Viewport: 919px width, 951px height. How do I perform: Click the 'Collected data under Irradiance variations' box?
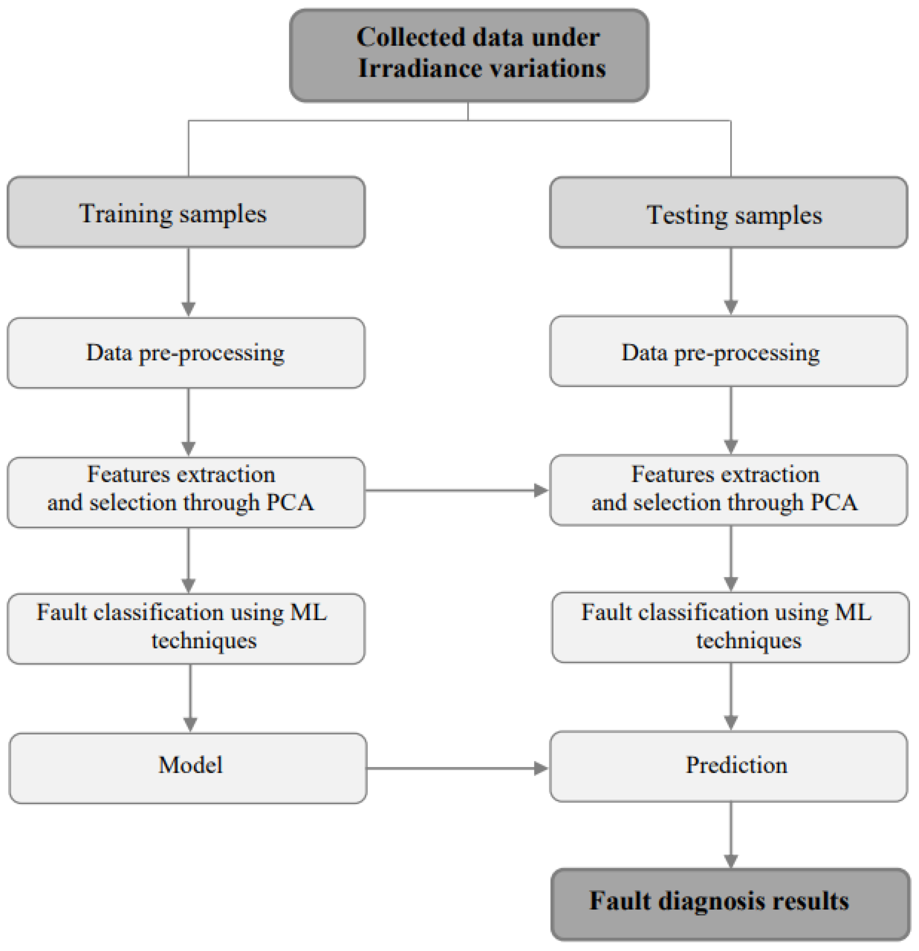coord(469,54)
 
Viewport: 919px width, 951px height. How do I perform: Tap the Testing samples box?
coord(728,213)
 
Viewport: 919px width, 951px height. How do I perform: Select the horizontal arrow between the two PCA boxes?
coord(456,490)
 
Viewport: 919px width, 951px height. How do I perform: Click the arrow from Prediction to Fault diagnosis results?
coord(731,835)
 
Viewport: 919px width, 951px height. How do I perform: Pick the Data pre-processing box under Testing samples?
coord(728,351)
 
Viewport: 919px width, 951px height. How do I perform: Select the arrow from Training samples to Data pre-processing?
coord(188,282)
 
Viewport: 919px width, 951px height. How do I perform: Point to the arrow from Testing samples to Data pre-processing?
coord(731,280)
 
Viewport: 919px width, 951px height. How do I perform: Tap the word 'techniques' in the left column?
coord(204,641)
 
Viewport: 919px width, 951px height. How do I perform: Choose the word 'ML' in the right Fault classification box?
coord(853,612)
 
